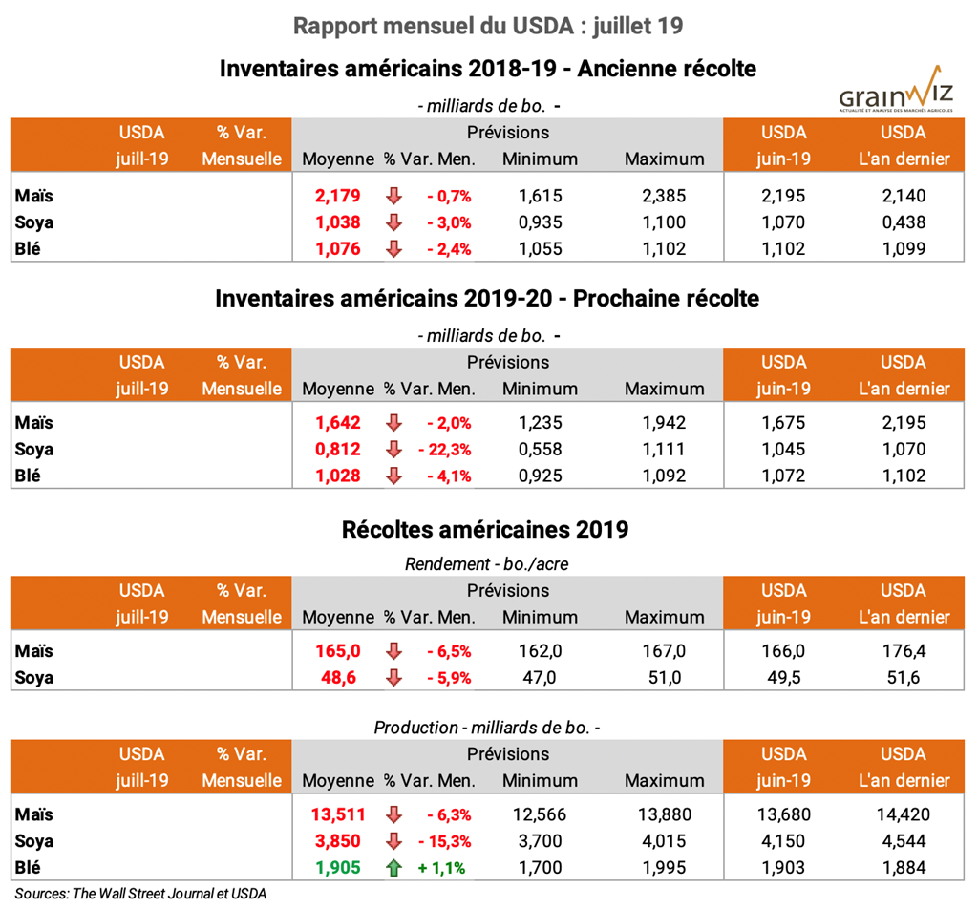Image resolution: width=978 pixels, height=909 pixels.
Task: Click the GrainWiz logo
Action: pyautogui.click(x=896, y=94)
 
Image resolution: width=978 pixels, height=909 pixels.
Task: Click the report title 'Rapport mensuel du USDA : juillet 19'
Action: pyautogui.click(x=488, y=26)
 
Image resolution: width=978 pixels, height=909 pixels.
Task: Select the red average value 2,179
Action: pyautogui.click(x=338, y=196)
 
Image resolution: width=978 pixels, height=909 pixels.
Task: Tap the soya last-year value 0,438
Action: pyautogui.click(x=903, y=222)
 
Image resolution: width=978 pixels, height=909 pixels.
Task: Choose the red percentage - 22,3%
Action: pyautogui.click(x=444, y=450)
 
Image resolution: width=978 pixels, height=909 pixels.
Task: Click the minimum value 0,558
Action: pyautogui.click(x=540, y=450)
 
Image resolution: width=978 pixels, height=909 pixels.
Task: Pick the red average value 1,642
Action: pyautogui.click(x=338, y=423)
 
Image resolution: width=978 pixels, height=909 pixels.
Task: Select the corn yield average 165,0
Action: pyautogui.click(x=338, y=651)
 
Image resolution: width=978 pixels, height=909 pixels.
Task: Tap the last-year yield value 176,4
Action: pyautogui.click(x=903, y=651)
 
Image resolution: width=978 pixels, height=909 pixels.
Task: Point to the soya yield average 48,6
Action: pyautogui.click(x=338, y=678)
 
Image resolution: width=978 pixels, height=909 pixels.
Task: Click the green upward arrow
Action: pyautogui.click(x=393, y=868)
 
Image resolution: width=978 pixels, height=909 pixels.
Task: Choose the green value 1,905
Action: pyautogui.click(x=338, y=868)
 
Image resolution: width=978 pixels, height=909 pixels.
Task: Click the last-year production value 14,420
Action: pyautogui.click(x=903, y=815)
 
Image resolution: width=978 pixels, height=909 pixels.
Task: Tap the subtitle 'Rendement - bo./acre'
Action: pyautogui.click(x=487, y=563)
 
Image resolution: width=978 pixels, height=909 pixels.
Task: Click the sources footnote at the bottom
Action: pyautogui.click(x=140, y=894)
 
